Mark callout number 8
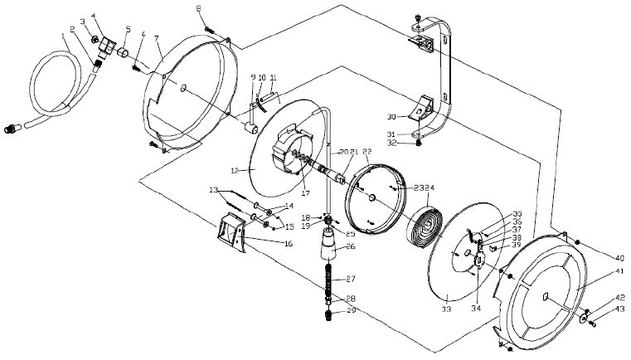tap(199, 8)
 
